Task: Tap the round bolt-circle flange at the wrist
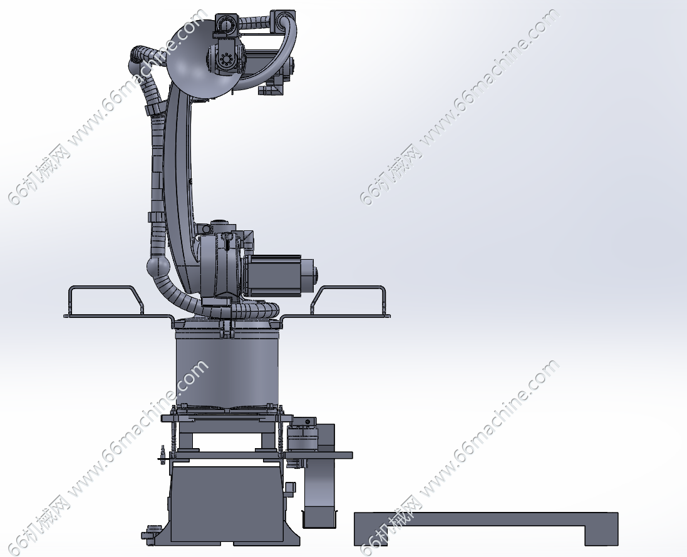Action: pyautogui.click(x=226, y=59)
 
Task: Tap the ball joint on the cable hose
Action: pyautogui.click(x=158, y=266)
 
